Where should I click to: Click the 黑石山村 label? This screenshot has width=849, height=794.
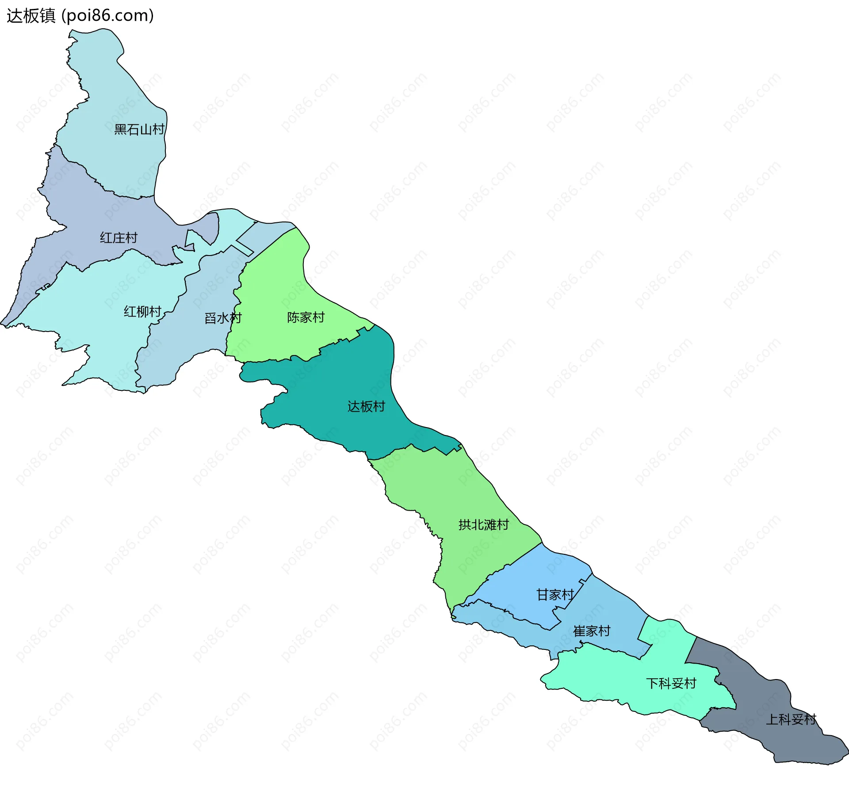click(x=139, y=130)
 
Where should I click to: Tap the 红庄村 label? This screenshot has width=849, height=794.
click(x=119, y=238)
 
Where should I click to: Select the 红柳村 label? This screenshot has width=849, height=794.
click(x=142, y=312)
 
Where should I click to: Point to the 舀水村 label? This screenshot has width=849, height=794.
click(x=223, y=318)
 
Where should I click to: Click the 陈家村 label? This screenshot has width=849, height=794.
click(x=306, y=317)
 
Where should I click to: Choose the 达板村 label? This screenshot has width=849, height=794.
click(x=366, y=406)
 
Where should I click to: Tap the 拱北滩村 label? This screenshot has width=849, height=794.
click(x=484, y=525)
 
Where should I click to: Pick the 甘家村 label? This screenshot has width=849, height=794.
click(x=555, y=595)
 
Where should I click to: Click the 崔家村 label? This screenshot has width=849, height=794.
click(x=592, y=631)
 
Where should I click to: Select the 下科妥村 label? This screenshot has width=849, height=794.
click(x=671, y=683)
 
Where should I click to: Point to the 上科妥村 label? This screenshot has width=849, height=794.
click(x=791, y=719)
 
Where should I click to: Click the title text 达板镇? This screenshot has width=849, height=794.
click(x=31, y=16)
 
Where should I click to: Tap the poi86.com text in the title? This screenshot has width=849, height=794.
click(x=108, y=16)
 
